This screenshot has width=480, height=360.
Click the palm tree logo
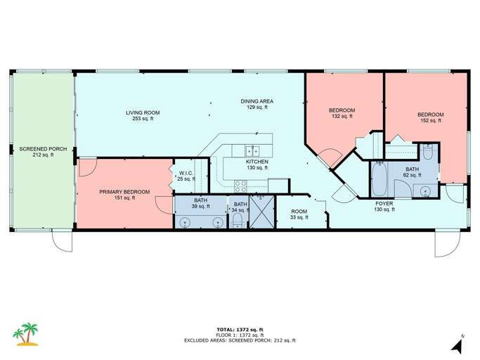pyautogui.click(x=26, y=334)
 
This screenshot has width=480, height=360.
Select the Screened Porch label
pyautogui.click(x=43, y=152)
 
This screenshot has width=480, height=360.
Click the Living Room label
pyautogui.click(x=143, y=115)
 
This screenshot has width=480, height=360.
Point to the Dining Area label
pyautogui.click(x=257, y=104)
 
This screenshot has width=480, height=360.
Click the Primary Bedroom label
pyautogui.click(x=124, y=195)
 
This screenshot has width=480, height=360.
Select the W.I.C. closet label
pyautogui.click(x=186, y=176)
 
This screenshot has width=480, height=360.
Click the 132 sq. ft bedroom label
pyautogui.click(x=342, y=113)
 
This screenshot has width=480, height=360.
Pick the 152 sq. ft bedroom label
pyautogui.click(x=430, y=117)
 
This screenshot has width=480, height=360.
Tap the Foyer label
pyautogui.click(x=384, y=207)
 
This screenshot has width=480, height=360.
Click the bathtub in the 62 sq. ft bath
pyautogui.click(x=379, y=179)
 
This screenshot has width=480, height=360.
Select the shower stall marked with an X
pyautogui.click(x=262, y=212)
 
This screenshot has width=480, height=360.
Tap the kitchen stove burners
pyautogui.click(x=240, y=186)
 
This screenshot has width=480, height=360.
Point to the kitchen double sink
pyautogui.click(x=252, y=151)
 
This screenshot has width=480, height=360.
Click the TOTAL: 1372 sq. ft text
pyautogui.click(x=240, y=330)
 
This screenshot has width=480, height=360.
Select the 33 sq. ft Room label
pyautogui.click(x=299, y=214)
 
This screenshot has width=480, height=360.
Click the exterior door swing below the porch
pyautogui.click(x=62, y=241)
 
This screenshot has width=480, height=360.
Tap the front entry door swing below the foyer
pyautogui.click(x=447, y=244)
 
